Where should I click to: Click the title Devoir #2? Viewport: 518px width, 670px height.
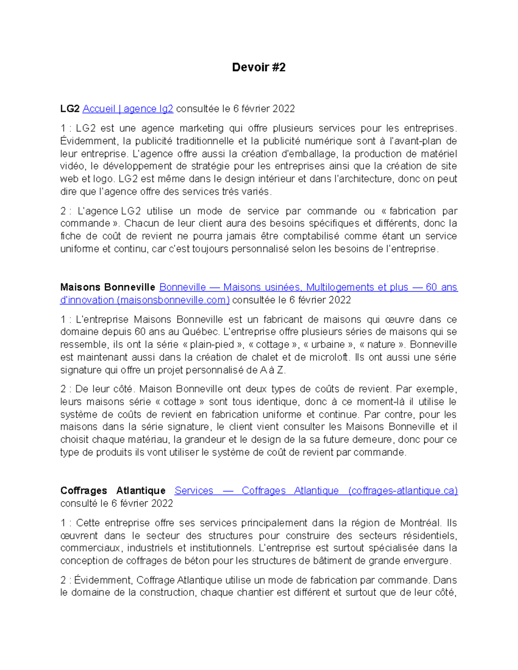(x=259, y=67)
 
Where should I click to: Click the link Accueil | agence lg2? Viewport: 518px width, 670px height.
(x=128, y=109)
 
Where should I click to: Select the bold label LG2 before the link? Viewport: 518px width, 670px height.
(x=70, y=109)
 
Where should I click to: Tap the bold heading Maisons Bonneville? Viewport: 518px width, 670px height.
(x=107, y=287)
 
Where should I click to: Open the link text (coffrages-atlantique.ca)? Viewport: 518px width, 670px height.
(x=402, y=491)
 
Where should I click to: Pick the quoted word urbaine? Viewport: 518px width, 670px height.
(x=328, y=345)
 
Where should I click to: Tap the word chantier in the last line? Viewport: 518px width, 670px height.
(x=256, y=593)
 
